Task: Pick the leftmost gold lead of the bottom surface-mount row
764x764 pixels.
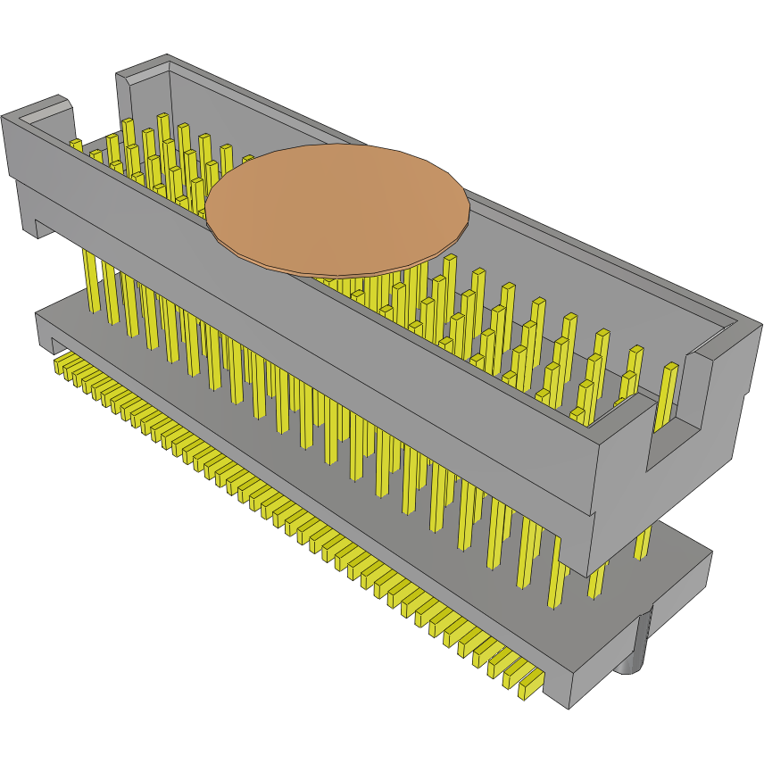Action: pyautogui.click(x=62, y=364)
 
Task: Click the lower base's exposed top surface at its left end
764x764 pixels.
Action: pyautogui.click(x=71, y=313)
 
